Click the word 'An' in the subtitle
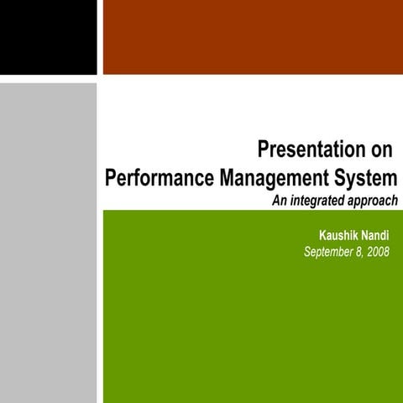coord(279,201)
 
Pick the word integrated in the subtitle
coord(317,201)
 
